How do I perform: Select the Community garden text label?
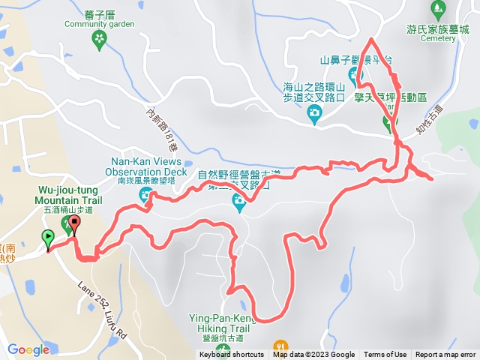[99, 24]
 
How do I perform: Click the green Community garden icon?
[99, 39]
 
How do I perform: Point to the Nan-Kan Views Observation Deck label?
[148, 166]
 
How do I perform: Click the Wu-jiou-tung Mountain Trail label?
[67, 196]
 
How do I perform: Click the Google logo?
[28, 349]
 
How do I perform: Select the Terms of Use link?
[385, 355]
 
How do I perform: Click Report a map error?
[445, 355]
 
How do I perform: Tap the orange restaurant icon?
[280, 347]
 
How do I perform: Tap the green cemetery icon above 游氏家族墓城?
[438, 10]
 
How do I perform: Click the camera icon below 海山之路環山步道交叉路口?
[314, 114]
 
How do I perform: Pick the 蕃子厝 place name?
[99, 12]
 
